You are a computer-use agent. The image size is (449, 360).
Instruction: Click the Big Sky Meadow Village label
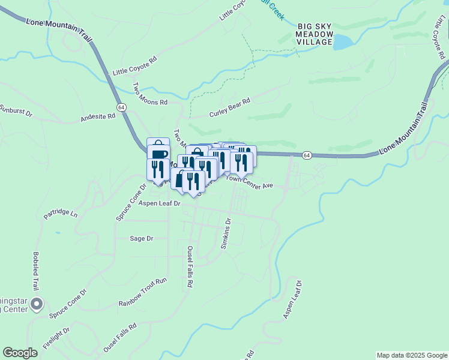coord(315,34)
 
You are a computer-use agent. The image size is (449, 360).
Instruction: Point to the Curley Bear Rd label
coord(229,108)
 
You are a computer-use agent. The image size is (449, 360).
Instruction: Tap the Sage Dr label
coord(142,238)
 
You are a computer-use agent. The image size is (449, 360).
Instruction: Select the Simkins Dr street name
coord(226,233)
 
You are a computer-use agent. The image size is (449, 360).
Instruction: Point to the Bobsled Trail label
coord(35,271)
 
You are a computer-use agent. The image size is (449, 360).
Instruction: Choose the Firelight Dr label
coord(56,337)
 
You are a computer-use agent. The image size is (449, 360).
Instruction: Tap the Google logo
coord(20,353)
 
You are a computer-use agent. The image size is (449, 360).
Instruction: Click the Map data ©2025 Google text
coord(412,355)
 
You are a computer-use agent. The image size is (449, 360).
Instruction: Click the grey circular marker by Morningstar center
coord(37,304)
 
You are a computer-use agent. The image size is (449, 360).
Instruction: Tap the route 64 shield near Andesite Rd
coord(121,107)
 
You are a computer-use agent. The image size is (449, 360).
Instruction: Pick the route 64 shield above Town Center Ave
coord(306,155)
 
